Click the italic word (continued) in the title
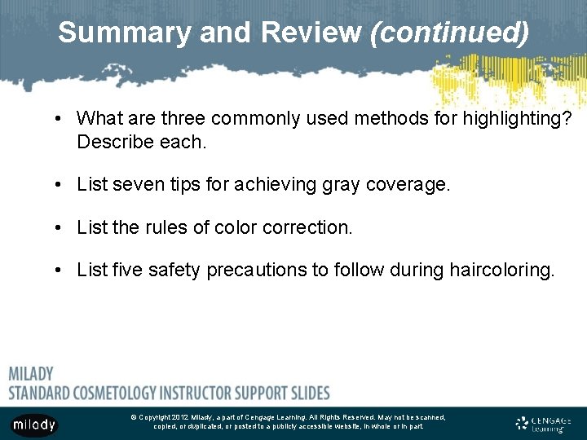449,33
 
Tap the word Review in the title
311,33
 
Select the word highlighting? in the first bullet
518,119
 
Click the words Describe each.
142,142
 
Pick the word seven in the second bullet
134,185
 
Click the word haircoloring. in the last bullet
501,270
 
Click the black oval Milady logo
34,424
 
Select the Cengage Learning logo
542,423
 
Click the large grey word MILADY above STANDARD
31,374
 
